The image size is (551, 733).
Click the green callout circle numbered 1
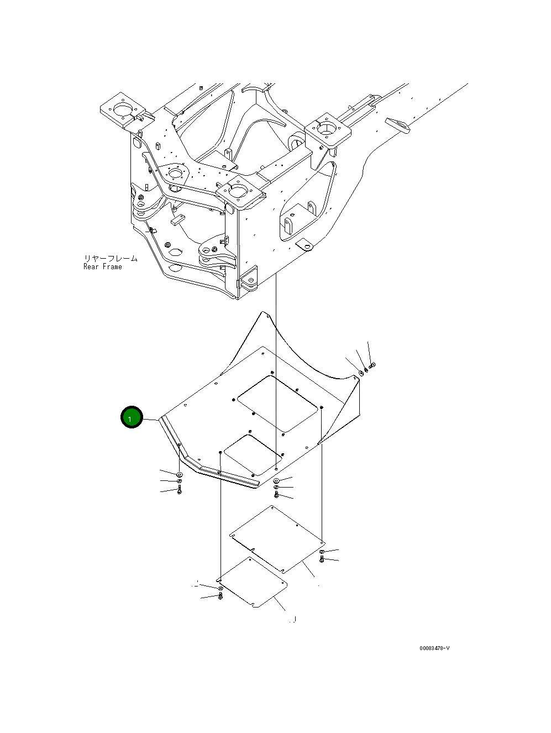(132, 418)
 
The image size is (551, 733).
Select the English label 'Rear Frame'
(103, 267)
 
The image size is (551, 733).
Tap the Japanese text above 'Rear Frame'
(111, 258)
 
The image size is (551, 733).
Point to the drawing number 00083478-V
(434, 648)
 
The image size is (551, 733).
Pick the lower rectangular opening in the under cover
(254, 454)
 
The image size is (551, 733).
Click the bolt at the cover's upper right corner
(371, 365)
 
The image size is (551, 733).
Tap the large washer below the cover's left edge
(180, 475)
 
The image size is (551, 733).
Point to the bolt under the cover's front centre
(276, 494)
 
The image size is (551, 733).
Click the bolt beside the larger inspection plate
(322, 560)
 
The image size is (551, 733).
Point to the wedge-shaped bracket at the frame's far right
(398, 124)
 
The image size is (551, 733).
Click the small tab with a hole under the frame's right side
(304, 244)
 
